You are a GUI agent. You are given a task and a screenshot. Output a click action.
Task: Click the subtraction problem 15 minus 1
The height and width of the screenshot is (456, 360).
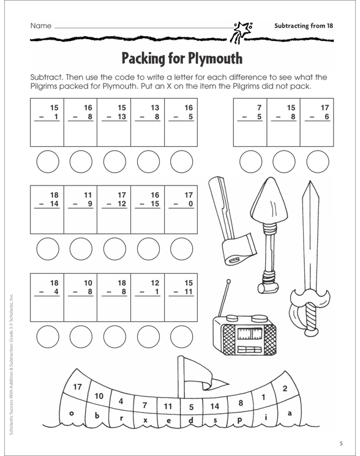coord(47,113)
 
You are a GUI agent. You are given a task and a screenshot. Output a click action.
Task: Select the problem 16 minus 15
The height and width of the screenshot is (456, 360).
coord(148,200)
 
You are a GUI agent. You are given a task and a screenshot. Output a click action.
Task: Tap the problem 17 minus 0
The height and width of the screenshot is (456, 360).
coord(181,200)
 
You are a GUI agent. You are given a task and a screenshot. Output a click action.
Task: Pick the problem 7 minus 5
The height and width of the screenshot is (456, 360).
coord(250,113)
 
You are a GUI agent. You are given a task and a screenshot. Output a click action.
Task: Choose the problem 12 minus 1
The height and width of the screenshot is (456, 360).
coord(148,287)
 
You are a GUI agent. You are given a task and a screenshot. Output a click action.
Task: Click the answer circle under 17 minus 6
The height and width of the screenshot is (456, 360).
coord(318,162)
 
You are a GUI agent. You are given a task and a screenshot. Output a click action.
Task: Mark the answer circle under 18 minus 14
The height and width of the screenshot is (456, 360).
coord(48,249)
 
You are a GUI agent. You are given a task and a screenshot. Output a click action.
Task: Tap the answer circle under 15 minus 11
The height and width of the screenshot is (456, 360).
coord(181,337)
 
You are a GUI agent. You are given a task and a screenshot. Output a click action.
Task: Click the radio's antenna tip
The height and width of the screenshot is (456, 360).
coord(228,281)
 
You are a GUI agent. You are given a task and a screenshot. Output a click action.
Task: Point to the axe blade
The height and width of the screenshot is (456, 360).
coord(239,250)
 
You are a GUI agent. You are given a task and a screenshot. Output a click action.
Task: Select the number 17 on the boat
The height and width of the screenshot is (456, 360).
coord(77,387)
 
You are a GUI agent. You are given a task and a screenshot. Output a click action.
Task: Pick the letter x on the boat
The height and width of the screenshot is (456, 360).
coord(145,420)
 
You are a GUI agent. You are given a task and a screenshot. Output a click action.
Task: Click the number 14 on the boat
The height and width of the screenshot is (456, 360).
coord(215,406)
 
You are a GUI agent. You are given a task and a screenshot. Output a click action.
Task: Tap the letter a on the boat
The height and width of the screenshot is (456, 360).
coord(290,413)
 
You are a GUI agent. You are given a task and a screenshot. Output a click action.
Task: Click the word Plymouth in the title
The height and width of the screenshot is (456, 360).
coord(215,58)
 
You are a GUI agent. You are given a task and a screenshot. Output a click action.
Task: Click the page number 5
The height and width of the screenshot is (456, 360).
coord(341,444)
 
